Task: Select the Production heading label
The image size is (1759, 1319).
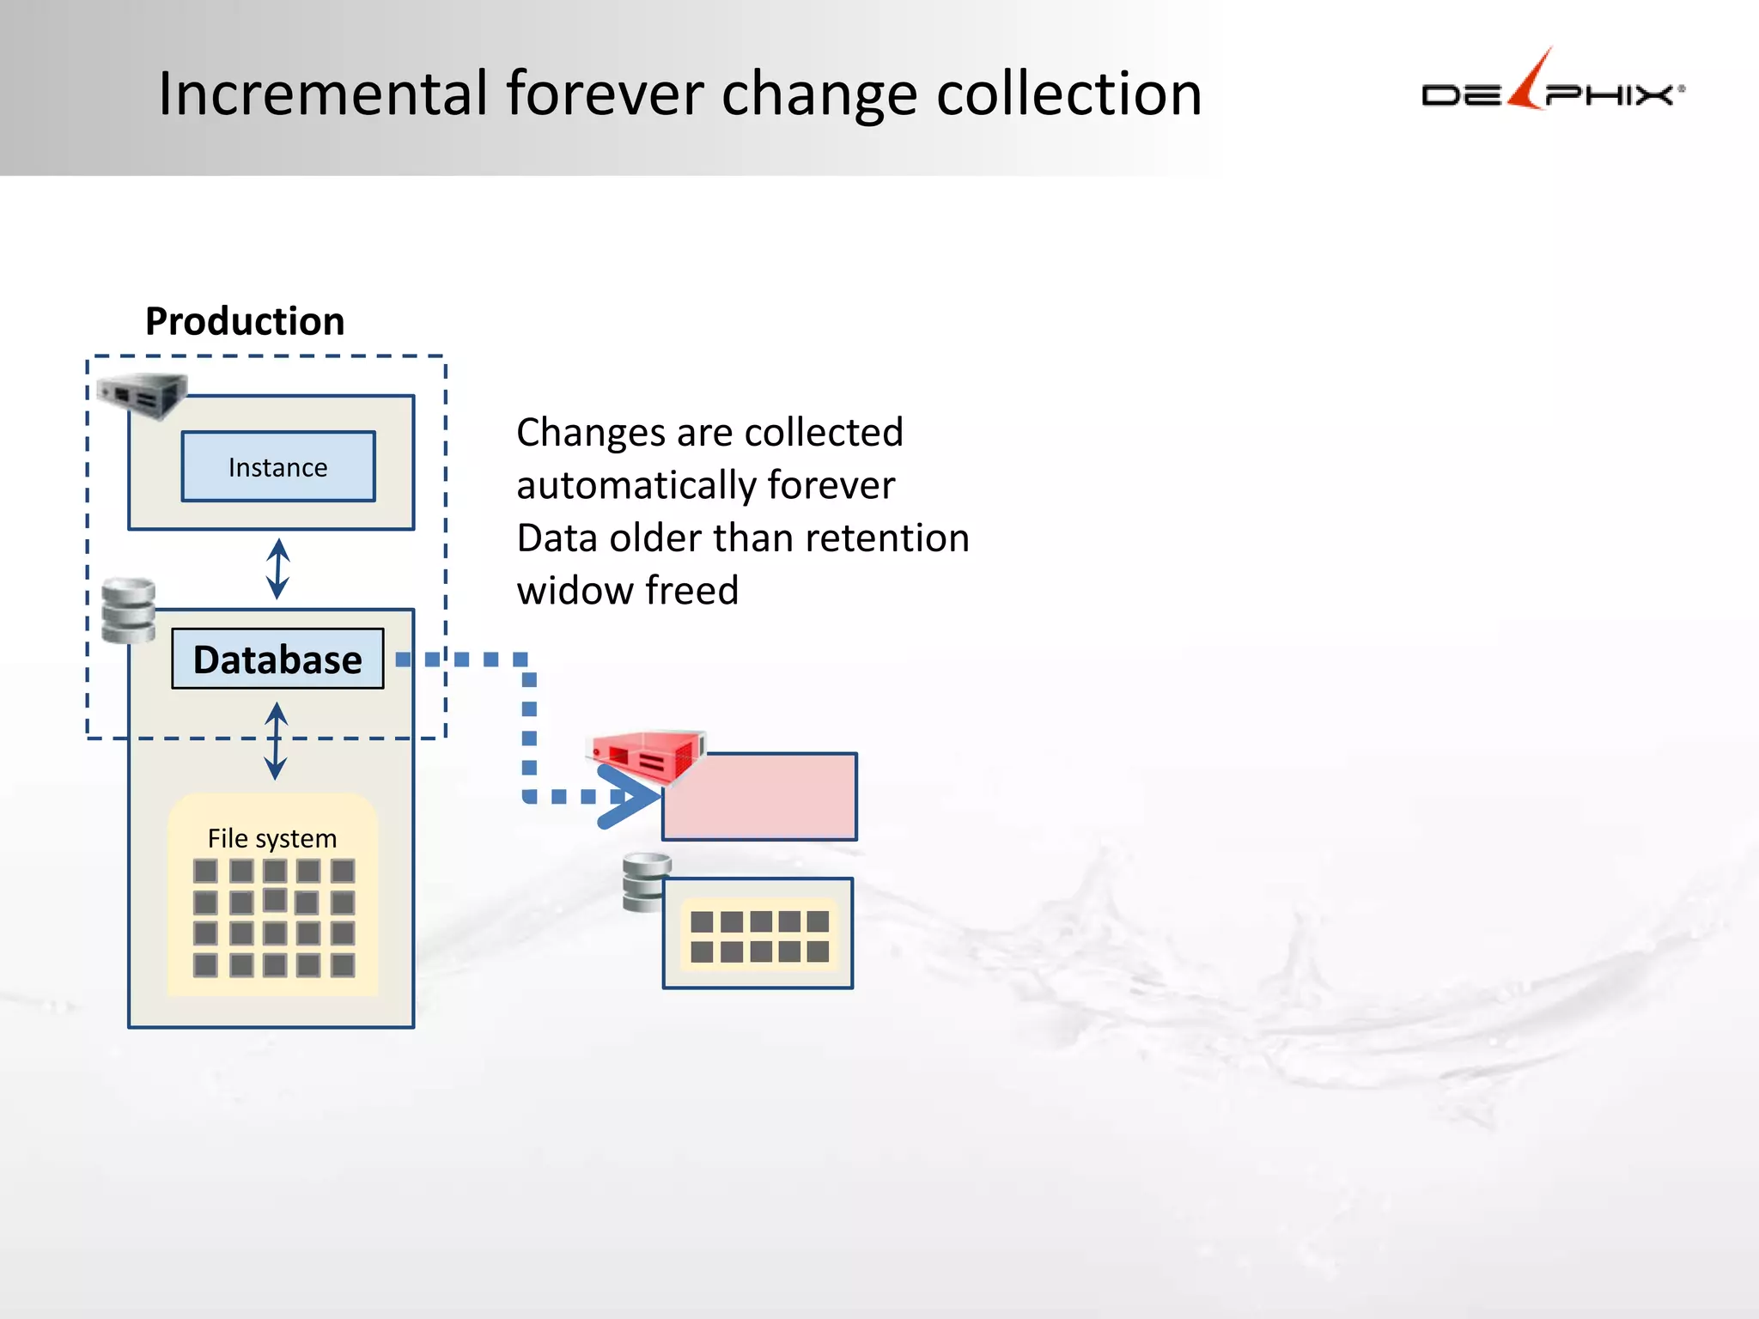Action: click(x=245, y=321)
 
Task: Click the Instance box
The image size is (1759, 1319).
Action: click(x=278, y=466)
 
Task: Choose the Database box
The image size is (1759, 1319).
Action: click(x=277, y=659)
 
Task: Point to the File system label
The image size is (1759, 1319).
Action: click(x=272, y=838)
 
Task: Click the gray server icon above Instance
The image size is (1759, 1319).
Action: click(x=142, y=396)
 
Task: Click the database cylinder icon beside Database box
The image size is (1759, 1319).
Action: click(x=128, y=611)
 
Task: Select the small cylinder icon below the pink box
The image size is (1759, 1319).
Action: click(x=646, y=883)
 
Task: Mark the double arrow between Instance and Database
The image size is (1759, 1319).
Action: click(x=277, y=568)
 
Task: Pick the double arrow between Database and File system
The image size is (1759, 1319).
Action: click(x=276, y=740)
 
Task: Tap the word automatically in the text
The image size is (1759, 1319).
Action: click(x=635, y=485)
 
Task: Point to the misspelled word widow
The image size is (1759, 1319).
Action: click(x=574, y=591)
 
